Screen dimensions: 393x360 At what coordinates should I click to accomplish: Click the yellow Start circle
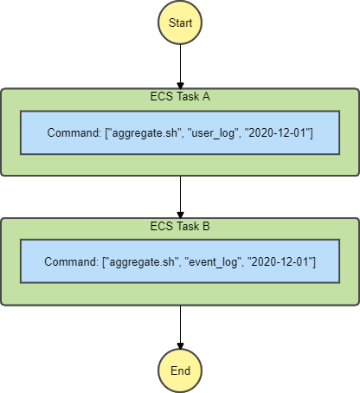click(x=180, y=23)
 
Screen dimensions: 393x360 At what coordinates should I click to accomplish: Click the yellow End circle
click(x=180, y=370)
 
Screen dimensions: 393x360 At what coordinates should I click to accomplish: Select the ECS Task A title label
click(x=180, y=97)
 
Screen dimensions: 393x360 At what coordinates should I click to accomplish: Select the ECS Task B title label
click(x=180, y=227)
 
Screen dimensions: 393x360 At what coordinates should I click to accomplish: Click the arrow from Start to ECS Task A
click(x=180, y=65)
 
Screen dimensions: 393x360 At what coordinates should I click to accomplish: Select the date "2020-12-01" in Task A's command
click(x=280, y=132)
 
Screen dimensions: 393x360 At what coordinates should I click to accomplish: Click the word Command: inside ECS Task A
click(x=75, y=132)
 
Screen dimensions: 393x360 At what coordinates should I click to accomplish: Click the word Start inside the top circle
click(x=180, y=23)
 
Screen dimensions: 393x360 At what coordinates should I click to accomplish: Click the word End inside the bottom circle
click(x=180, y=370)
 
